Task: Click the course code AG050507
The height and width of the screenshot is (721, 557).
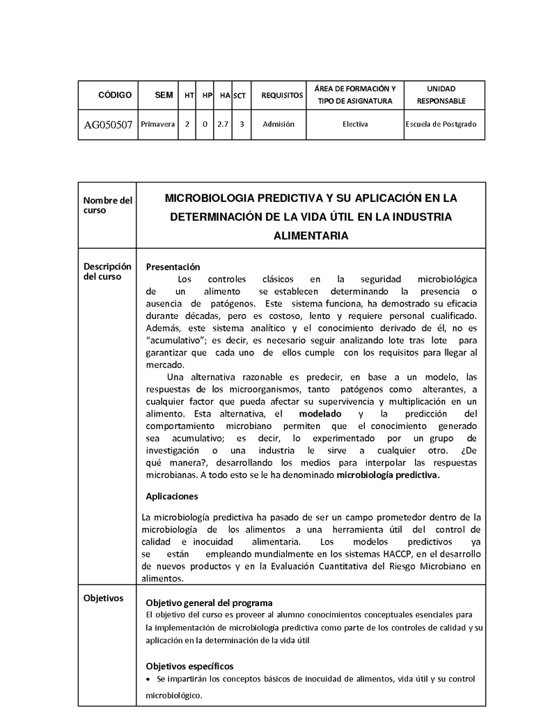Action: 108,125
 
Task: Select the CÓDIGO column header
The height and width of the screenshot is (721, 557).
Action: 115,95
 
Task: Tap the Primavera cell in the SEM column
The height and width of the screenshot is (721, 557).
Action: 158,124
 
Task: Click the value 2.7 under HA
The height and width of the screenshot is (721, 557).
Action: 223,124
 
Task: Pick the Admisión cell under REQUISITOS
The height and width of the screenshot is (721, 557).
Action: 278,124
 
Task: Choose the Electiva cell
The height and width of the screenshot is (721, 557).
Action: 355,124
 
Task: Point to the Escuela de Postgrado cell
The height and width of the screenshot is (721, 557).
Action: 441,124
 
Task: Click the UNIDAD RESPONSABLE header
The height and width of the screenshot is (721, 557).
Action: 441,95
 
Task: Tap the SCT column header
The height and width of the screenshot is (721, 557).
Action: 240,95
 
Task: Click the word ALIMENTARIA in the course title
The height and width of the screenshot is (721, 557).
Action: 311,236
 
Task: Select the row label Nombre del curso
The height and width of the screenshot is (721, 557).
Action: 107,206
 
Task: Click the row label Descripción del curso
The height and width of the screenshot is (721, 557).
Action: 107,271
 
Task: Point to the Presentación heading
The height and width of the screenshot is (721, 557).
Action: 173,267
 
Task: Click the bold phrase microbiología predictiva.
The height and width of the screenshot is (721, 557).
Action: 388,476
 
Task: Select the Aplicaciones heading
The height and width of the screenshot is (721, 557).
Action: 172,497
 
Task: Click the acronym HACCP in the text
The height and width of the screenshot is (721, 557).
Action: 399,553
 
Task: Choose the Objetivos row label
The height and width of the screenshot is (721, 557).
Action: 103,598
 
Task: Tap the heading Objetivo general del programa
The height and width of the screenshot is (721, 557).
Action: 209,603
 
